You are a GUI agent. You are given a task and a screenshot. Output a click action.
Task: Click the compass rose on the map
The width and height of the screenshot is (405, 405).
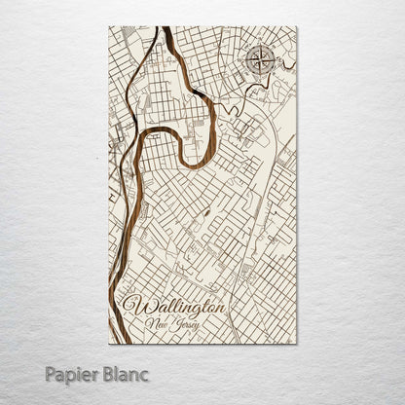point(260,61)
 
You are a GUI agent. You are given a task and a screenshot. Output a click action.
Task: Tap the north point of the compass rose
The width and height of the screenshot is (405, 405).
point(260,47)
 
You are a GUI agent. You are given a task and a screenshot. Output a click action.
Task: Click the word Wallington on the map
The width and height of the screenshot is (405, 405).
point(174,305)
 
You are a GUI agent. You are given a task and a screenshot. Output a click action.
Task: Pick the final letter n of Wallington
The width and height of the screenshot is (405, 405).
point(221,306)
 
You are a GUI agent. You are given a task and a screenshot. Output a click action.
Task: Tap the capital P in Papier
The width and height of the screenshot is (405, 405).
point(50,373)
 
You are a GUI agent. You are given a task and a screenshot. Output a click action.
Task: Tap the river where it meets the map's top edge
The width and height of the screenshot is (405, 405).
point(166,29)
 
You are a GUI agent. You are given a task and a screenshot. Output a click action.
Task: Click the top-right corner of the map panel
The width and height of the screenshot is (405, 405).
point(296,27)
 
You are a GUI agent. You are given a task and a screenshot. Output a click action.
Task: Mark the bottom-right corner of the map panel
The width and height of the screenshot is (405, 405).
point(296,344)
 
